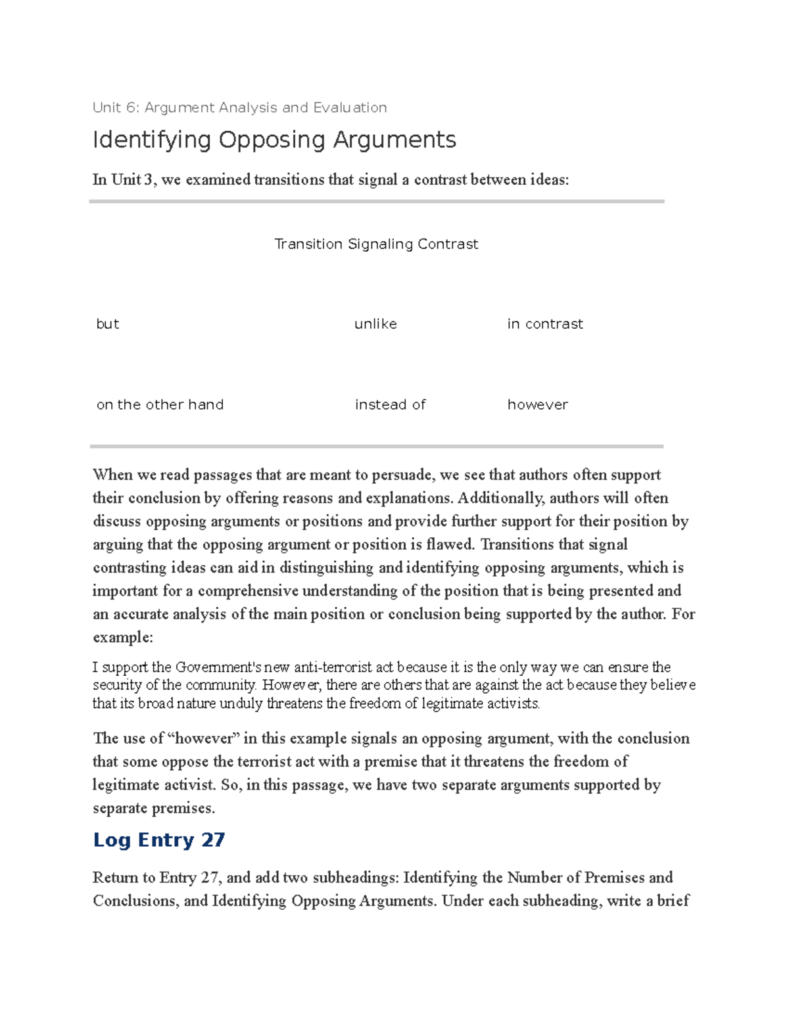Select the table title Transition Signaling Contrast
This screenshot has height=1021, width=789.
375,244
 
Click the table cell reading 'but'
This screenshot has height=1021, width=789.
108,323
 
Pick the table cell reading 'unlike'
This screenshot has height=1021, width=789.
375,323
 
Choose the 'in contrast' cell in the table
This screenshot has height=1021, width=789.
544,323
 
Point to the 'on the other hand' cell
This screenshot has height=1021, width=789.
160,404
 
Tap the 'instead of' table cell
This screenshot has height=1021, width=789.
390,404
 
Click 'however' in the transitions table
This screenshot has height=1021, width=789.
537,404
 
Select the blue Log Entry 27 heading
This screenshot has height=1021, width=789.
159,840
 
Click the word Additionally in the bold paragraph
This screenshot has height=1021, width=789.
500,498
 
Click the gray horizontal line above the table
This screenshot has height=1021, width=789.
376,201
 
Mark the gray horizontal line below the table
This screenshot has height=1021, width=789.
376,446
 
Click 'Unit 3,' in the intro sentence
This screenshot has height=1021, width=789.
135,179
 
